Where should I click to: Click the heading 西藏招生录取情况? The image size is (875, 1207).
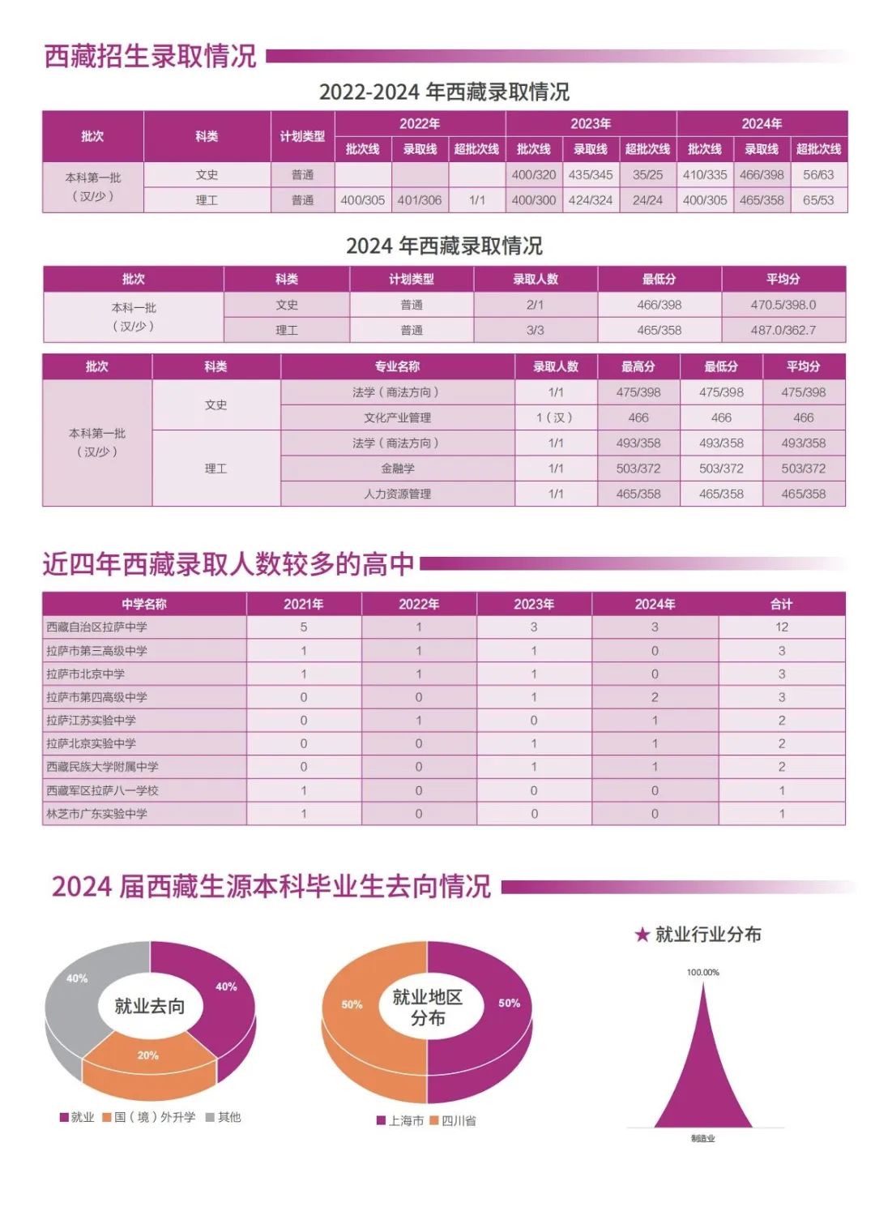(150, 56)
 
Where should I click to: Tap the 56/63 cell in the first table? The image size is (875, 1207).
(818, 175)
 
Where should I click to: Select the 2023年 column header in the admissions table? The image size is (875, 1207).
(591, 124)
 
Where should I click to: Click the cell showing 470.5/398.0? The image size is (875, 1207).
(783, 305)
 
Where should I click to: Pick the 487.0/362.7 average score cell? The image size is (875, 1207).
(783, 330)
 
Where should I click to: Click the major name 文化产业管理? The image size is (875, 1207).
(397, 417)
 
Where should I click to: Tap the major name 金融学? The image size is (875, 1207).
(397, 469)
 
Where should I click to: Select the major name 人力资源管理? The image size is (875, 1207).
(397, 494)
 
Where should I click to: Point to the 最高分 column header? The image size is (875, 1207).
(638, 366)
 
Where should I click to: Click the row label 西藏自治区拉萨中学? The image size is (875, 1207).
(97, 627)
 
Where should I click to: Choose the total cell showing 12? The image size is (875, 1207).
(781, 627)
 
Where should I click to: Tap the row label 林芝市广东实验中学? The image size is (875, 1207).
(97, 814)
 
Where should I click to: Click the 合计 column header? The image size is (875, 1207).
(781, 604)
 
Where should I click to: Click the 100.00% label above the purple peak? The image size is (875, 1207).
(702, 972)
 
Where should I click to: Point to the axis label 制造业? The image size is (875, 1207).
(702, 1138)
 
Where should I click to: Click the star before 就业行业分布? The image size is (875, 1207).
(642, 935)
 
